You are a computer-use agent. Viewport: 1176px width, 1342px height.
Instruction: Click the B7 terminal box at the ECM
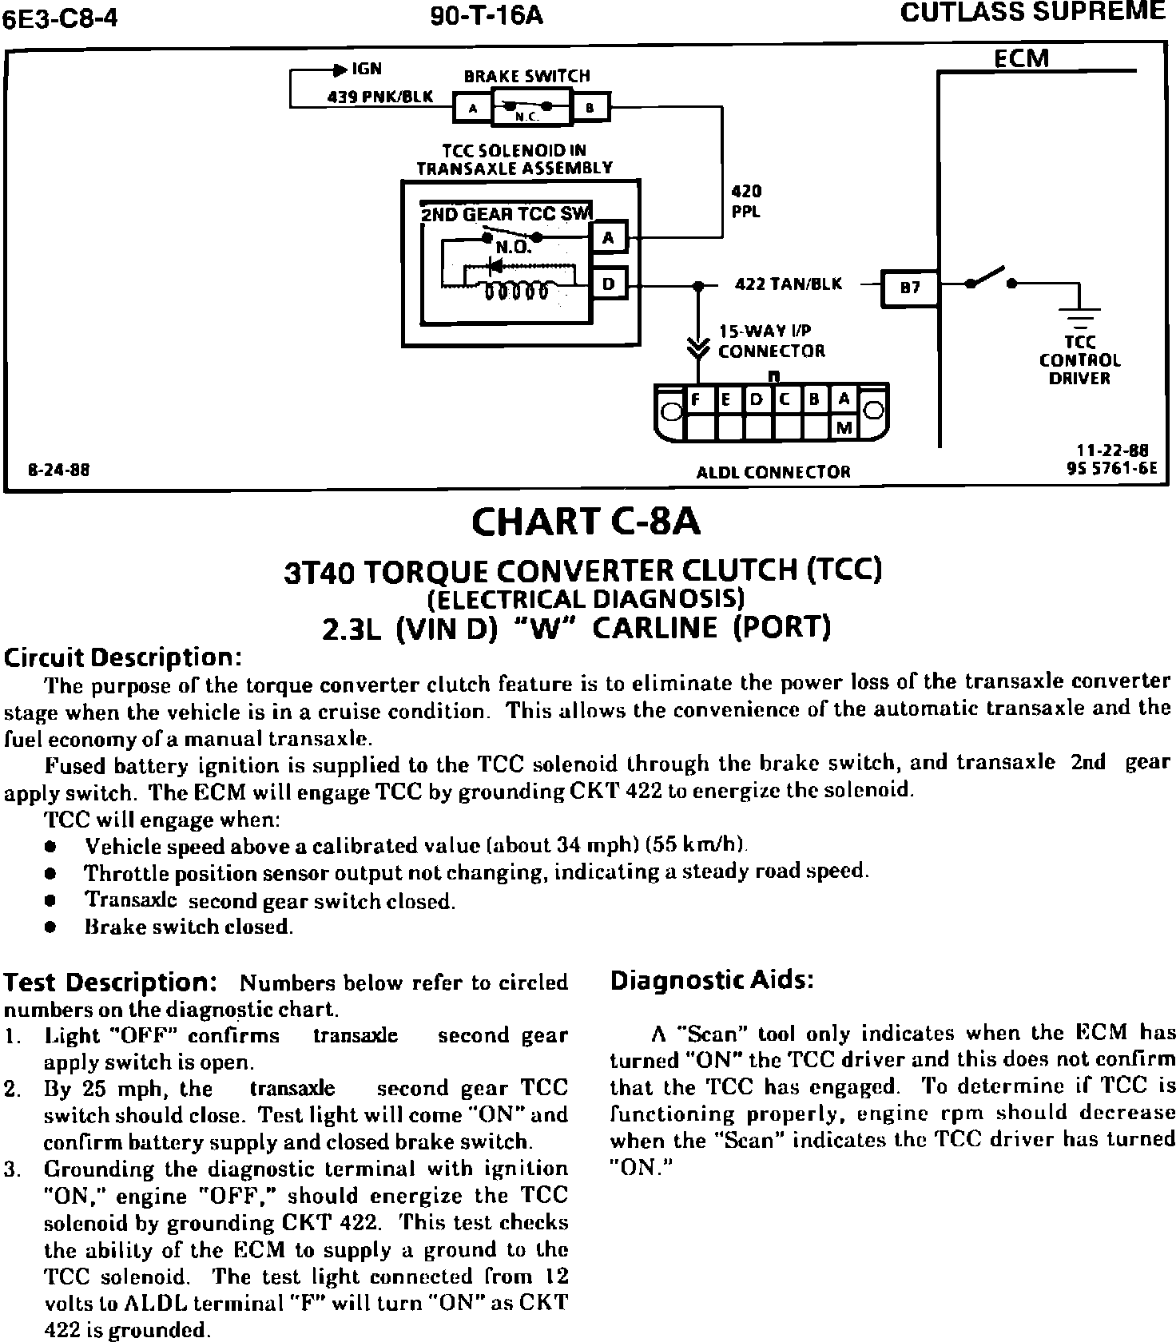coord(910,288)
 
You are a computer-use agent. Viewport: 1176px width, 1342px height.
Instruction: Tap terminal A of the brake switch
coord(472,108)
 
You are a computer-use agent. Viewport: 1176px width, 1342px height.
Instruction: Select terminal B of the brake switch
coord(590,108)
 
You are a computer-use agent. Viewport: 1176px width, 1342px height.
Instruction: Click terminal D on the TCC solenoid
coord(609,284)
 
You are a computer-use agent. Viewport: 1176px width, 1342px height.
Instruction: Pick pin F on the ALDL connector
coord(697,399)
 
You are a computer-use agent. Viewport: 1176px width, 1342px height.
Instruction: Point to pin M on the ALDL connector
coord(844,429)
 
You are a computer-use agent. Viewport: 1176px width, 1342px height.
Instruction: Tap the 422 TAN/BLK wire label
coord(788,284)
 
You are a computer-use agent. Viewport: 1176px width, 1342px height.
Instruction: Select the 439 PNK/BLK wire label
coord(380,97)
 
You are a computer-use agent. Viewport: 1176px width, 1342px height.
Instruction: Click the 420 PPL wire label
coord(747,201)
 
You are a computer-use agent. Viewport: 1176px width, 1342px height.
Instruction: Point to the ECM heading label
coord(1022,59)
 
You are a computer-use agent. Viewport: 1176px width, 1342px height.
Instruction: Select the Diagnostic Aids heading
coord(712,980)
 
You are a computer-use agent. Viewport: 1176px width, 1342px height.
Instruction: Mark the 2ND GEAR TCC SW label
coord(505,213)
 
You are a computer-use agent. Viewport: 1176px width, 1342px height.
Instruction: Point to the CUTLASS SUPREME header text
coord(1032,12)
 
